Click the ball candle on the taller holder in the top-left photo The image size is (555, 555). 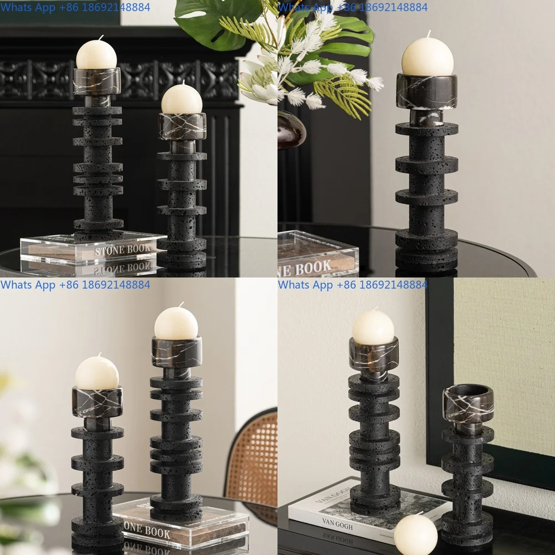(x=97, y=54)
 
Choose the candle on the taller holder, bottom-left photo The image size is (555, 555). (x=176, y=324)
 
